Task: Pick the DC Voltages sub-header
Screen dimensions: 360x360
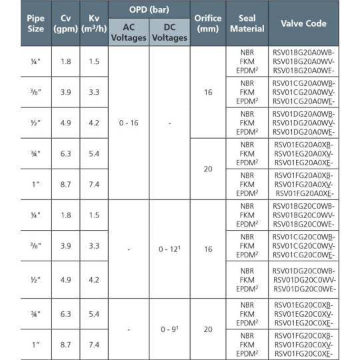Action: click(169, 32)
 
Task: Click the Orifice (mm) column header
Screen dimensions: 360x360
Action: click(209, 23)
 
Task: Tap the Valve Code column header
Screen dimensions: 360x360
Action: click(303, 23)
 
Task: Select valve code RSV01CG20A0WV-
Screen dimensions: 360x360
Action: click(303, 91)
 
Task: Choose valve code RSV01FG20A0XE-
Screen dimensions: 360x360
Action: click(303, 194)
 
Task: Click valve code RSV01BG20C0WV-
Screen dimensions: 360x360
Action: click(303, 216)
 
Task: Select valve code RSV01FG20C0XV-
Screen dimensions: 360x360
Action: click(303, 343)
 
